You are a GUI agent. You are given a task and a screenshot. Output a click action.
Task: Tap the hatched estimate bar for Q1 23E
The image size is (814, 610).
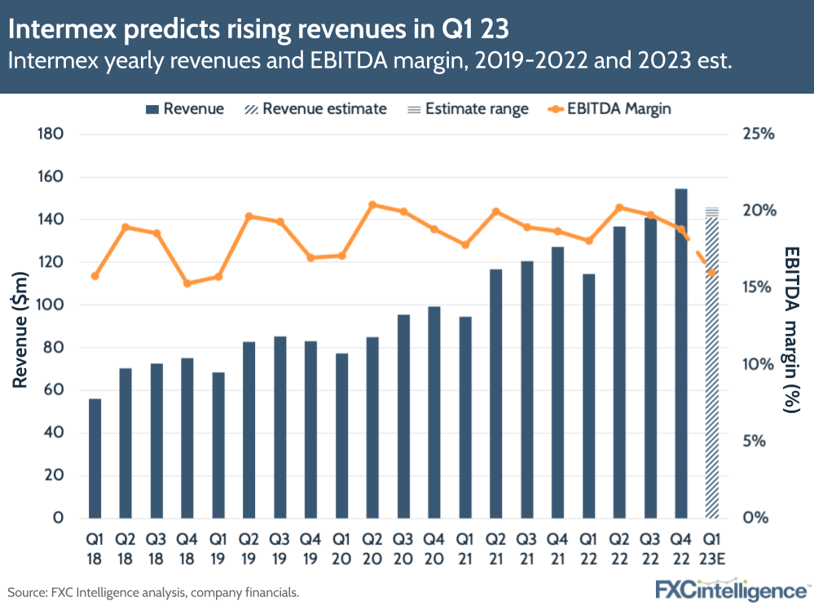tap(712, 366)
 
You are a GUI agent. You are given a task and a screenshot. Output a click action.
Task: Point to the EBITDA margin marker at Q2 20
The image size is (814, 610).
tap(372, 205)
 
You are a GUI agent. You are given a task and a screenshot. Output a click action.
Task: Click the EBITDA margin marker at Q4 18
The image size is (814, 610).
tap(187, 283)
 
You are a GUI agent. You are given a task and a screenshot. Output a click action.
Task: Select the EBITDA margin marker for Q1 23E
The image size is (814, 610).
tap(712, 273)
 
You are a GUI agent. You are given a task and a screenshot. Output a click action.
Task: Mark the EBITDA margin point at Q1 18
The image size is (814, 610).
tap(95, 276)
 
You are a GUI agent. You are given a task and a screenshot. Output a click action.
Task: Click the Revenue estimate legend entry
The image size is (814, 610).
tap(314, 108)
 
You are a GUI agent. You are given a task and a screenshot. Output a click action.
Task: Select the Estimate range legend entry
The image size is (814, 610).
tap(469, 108)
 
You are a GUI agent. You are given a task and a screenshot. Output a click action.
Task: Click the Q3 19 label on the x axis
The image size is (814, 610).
tap(279, 546)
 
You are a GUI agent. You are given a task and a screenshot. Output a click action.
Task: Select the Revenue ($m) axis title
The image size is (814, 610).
tap(22, 326)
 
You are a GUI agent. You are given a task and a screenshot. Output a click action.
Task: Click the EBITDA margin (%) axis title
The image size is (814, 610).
tap(791, 329)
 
